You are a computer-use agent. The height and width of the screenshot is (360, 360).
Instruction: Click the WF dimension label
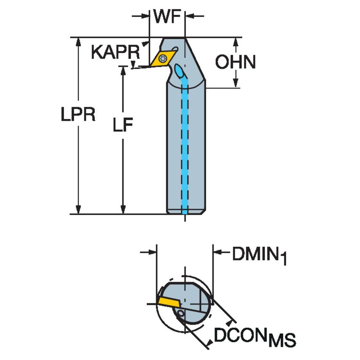click(x=167, y=16)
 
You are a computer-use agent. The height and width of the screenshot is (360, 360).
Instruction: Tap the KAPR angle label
click(x=116, y=52)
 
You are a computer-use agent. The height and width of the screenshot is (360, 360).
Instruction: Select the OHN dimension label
click(x=236, y=62)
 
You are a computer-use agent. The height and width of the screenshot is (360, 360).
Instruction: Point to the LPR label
click(x=78, y=114)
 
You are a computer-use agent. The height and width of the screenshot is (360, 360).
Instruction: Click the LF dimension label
click(x=123, y=125)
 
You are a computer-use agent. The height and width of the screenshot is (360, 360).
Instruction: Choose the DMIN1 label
click(x=260, y=255)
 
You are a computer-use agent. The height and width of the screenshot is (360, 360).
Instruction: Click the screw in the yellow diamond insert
click(x=163, y=58)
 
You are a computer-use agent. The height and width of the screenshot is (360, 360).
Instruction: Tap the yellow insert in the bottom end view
click(x=169, y=302)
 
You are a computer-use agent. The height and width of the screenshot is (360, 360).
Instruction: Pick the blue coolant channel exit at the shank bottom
click(x=185, y=212)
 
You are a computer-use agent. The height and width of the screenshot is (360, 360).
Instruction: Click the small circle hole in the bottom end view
click(x=181, y=313)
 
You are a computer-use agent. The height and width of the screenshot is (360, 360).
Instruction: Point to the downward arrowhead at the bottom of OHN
click(x=236, y=82)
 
